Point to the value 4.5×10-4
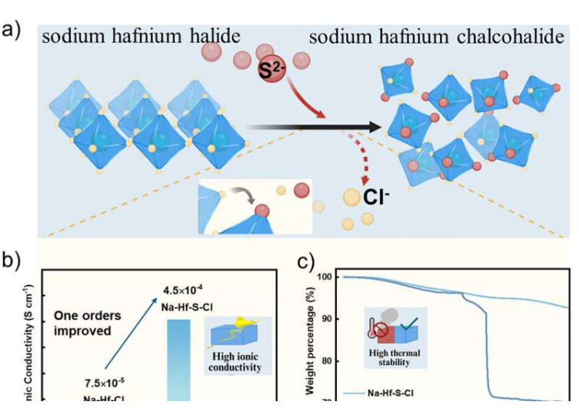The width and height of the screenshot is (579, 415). (182, 290)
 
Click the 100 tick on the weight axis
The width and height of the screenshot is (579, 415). (326, 277)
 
